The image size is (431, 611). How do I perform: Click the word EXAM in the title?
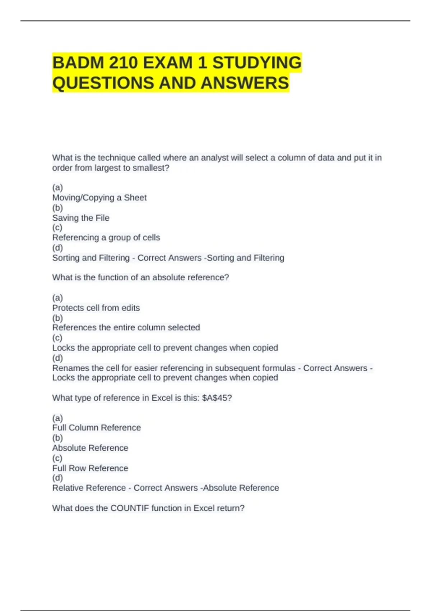(168, 63)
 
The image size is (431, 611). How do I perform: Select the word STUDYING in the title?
(257, 63)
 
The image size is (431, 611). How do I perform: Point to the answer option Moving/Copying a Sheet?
(99, 198)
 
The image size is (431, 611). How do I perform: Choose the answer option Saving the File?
(81, 218)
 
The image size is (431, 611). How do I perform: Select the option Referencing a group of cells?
(106, 238)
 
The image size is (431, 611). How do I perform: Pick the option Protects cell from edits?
(96, 308)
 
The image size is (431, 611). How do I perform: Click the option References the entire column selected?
(126, 327)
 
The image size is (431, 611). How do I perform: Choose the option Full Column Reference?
(96, 428)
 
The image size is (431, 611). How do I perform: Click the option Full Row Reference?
(90, 468)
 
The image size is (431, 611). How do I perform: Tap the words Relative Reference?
(89, 488)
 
